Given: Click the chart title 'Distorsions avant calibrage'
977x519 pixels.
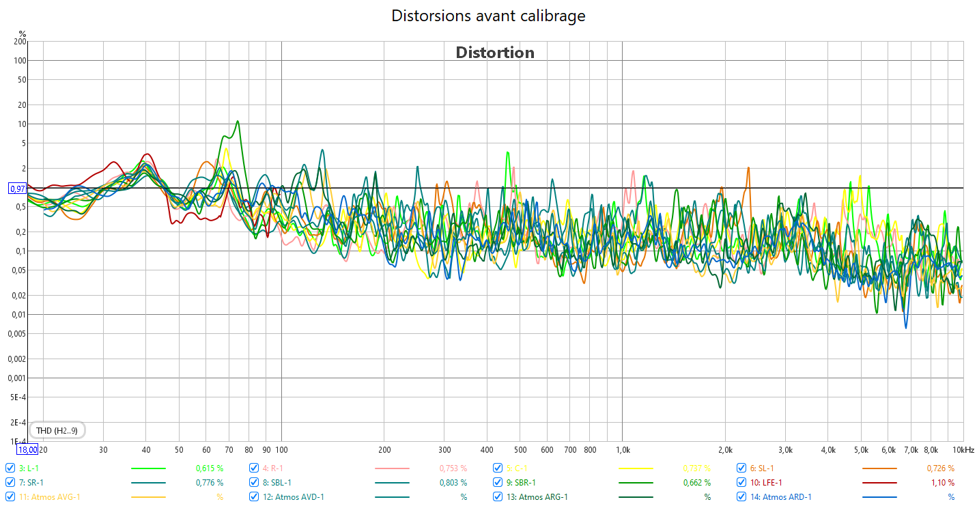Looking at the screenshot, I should [x=488, y=16].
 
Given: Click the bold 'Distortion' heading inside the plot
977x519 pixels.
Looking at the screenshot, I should [x=495, y=53].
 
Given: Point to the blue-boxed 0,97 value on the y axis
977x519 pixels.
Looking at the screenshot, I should [x=17, y=188].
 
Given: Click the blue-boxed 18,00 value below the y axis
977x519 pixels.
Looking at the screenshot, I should [x=27, y=449].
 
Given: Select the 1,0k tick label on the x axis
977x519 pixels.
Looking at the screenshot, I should [x=623, y=450].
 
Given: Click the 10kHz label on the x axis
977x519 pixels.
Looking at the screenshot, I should [x=963, y=450].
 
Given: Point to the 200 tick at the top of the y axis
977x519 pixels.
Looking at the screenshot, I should [x=20, y=42].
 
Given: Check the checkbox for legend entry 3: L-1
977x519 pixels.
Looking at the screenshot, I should [x=10, y=468].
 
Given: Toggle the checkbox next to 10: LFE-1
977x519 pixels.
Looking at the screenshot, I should [x=741, y=483].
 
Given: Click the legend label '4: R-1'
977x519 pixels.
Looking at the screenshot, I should [x=273, y=468].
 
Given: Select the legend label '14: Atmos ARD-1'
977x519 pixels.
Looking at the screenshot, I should [x=787, y=497].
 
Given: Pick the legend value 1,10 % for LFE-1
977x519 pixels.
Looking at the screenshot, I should [x=941, y=483].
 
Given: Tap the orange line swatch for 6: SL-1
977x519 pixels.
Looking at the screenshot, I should [x=879, y=468].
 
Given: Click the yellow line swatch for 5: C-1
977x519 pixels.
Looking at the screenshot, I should [x=636, y=468].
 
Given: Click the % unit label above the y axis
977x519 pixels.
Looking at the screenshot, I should [x=22, y=33].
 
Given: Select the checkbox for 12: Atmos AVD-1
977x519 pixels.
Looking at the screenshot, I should [x=254, y=497].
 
